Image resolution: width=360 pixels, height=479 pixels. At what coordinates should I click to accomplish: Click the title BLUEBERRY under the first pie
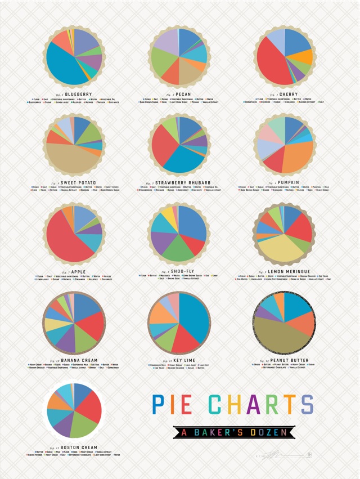(x=78, y=93)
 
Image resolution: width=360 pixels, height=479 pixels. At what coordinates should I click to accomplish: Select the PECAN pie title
(x=182, y=93)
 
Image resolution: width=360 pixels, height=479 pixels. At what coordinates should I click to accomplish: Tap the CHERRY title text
(x=289, y=94)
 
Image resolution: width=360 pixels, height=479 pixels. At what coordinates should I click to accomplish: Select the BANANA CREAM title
(x=79, y=360)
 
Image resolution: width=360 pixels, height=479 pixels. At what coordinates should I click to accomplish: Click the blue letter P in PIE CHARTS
(x=160, y=404)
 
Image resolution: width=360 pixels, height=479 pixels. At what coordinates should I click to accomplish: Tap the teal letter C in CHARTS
(x=215, y=404)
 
